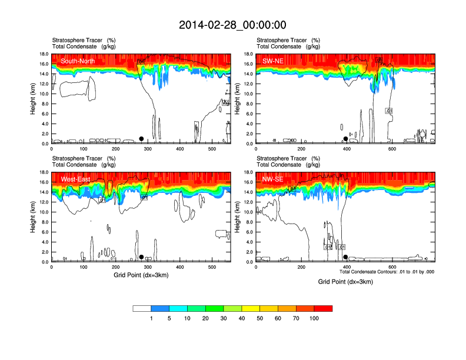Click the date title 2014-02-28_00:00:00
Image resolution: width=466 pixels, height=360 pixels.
tap(232, 25)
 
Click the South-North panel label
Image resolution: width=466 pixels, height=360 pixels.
tap(78, 61)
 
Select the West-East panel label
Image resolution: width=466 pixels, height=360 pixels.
tap(75, 179)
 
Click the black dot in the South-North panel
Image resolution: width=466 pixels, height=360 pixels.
tap(141, 139)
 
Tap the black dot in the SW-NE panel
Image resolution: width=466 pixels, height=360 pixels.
tap(345, 139)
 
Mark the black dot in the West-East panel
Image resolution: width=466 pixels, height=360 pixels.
tap(141, 257)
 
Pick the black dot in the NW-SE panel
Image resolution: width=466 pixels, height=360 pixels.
tap(345, 257)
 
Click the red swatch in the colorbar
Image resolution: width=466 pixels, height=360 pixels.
tap(323, 308)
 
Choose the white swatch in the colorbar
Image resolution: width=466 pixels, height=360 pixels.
tap(142, 308)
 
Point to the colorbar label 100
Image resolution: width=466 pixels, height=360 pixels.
tap(314, 318)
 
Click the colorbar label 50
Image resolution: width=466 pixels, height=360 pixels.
tap(260, 318)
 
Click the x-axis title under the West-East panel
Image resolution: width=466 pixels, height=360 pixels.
tap(141, 275)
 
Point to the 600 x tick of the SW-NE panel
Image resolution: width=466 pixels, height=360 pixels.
tap(392, 149)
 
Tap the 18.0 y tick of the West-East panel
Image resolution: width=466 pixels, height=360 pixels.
tap(44, 172)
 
